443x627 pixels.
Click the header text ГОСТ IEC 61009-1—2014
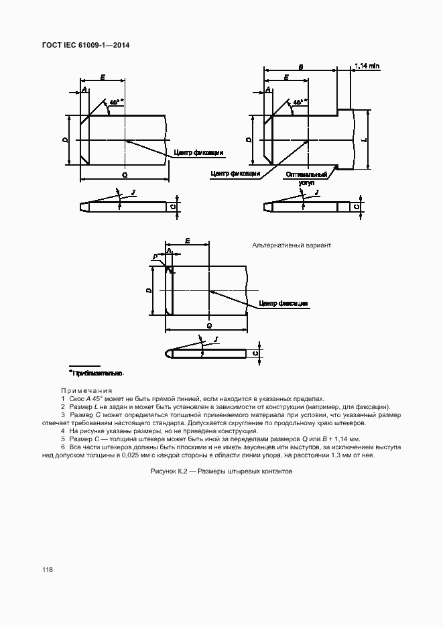[x=86, y=45]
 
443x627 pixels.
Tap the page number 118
[x=47, y=569]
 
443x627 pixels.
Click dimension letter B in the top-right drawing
[x=301, y=68]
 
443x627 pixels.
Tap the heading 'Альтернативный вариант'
[x=292, y=246]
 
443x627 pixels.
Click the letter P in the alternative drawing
[x=154, y=256]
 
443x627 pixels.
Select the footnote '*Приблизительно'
[x=97, y=372]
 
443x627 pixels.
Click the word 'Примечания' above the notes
[x=86, y=390]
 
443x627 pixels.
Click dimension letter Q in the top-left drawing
[x=125, y=174]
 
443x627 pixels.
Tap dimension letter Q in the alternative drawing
[x=209, y=325]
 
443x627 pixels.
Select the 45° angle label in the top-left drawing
[x=116, y=102]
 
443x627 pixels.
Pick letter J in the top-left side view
[x=133, y=192]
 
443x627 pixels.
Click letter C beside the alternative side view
[x=256, y=353]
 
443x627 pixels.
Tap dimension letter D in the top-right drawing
[x=249, y=140]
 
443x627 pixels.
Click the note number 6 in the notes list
[x=62, y=447]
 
